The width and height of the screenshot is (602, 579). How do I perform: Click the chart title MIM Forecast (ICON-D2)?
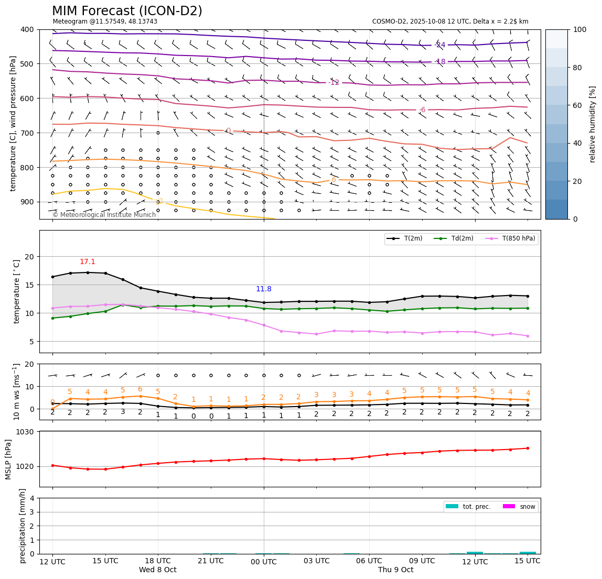127,11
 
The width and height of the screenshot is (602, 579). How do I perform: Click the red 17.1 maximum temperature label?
88,262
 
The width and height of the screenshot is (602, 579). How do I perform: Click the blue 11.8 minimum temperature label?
264,289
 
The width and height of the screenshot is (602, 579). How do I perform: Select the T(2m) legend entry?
406,239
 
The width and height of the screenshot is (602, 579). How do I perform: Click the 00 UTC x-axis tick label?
264,562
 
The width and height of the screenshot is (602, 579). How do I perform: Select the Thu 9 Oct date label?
396,570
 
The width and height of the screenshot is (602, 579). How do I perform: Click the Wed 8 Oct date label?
158,570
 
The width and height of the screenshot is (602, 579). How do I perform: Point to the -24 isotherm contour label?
440,45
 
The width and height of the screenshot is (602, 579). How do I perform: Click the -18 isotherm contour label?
440,62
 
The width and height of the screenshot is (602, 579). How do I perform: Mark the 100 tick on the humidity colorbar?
580,29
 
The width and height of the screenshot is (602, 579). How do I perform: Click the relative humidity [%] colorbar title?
593,124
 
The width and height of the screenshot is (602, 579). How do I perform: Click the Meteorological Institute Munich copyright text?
104,215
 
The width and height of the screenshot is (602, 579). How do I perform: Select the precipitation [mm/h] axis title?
23,526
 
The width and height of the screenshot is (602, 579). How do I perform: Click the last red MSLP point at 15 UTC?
528,448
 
